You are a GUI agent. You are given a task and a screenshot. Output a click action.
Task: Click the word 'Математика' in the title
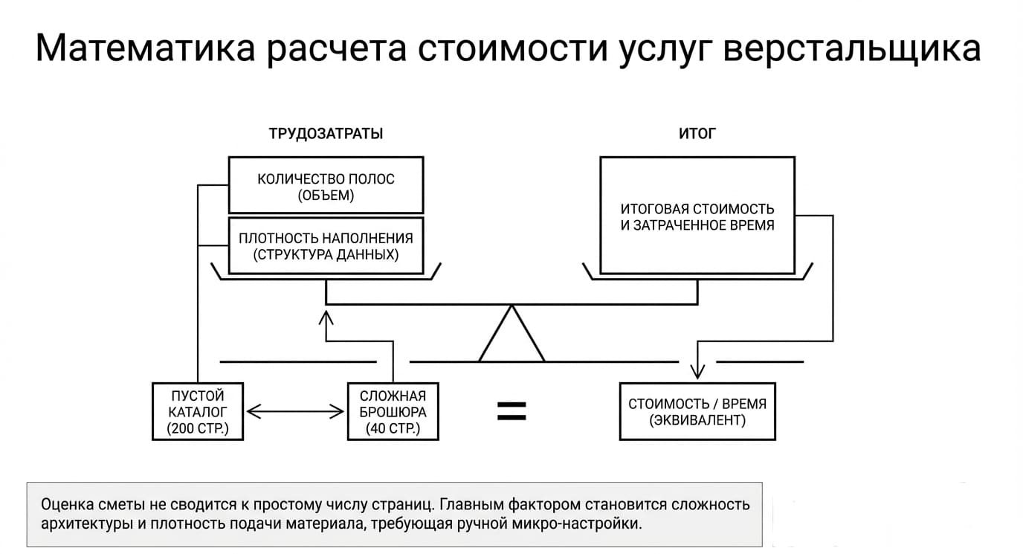[145, 48]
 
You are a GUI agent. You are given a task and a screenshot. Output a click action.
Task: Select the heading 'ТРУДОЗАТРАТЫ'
[326, 133]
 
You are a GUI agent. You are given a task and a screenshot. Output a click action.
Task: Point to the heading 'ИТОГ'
[697, 133]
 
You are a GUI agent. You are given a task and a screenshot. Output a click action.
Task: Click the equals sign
[512, 411]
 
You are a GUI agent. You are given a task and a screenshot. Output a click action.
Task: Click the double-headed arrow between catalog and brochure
[295, 411]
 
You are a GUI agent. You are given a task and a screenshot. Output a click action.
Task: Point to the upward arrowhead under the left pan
[326, 318]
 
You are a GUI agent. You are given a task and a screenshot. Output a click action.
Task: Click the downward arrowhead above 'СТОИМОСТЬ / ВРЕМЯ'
[697, 372]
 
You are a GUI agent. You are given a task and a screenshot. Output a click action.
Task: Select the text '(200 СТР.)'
[198, 428]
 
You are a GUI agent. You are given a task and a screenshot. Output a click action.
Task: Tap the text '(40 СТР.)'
[393, 428]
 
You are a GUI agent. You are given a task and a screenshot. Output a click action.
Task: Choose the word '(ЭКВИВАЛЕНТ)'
[697, 420]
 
